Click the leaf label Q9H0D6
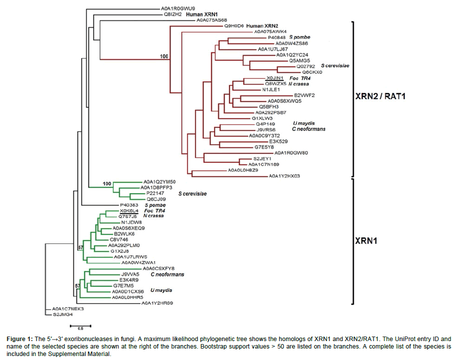(x=234, y=25)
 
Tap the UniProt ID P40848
(x=277, y=37)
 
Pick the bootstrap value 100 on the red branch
(x=165, y=56)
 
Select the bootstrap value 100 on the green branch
(x=107, y=184)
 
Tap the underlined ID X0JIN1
(x=274, y=78)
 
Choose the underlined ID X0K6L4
(x=128, y=211)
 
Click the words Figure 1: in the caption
(x=19, y=339)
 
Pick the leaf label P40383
(x=128, y=205)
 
